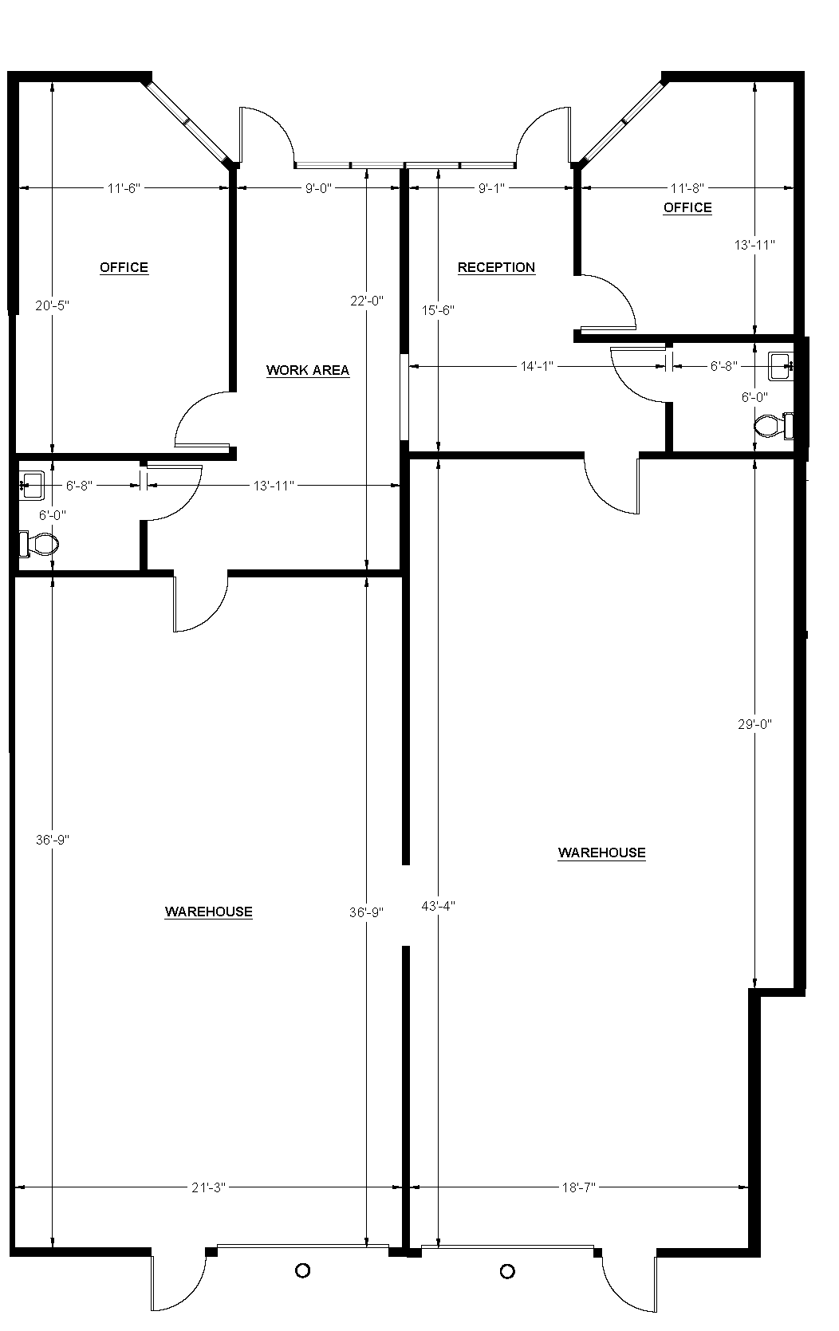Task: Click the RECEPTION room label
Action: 496,267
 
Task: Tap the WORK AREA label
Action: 308,370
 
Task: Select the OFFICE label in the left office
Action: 124,267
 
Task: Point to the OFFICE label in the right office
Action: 687,207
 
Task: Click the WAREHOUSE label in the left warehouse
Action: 209,912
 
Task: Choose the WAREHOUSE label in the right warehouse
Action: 602,853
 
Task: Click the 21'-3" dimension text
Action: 209,1187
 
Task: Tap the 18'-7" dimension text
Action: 579,1187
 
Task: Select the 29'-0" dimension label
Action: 754,724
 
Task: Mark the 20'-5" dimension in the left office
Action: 53,305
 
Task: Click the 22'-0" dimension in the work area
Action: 367,301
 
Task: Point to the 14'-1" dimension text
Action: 537,366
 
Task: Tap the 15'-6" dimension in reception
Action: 438,309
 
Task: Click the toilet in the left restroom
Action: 40,545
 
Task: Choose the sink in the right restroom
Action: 780,365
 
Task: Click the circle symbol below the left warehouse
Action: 302,1271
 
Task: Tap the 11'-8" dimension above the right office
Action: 687,188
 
